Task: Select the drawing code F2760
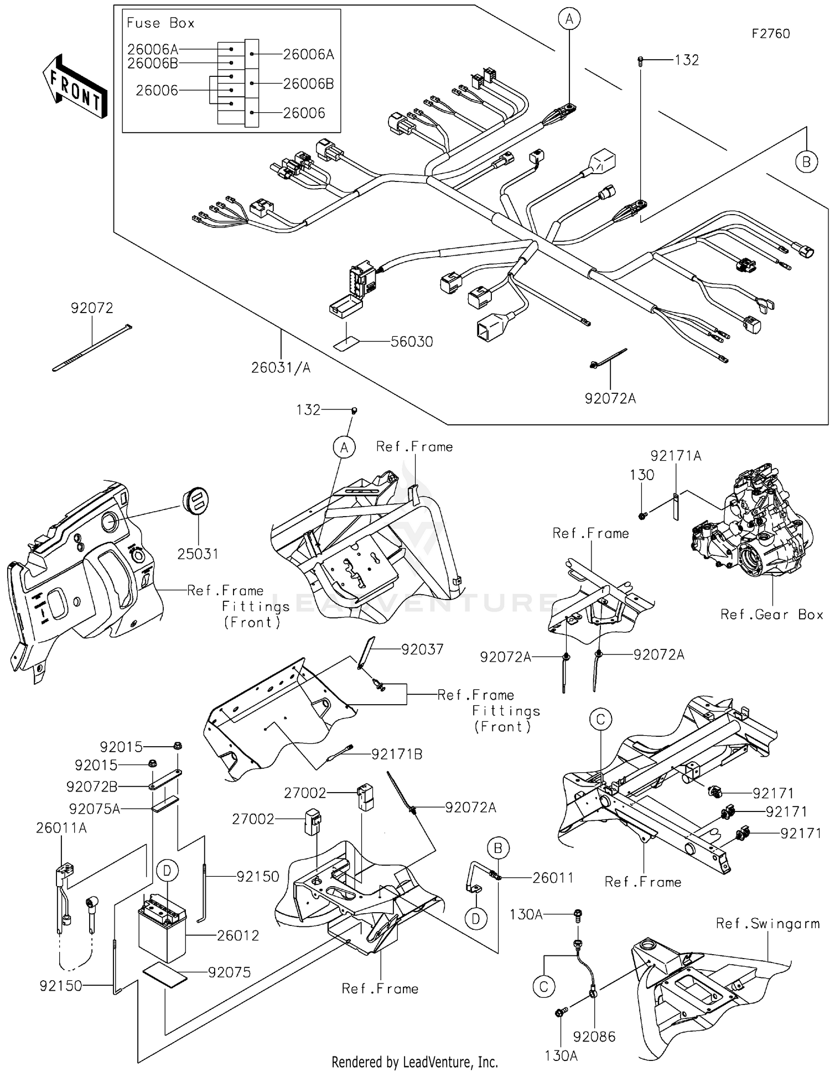[770, 34]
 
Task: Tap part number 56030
[411, 342]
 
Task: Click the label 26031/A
[281, 367]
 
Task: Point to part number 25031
[198, 554]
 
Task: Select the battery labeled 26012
[162, 930]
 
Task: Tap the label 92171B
[396, 754]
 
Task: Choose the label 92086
[594, 1036]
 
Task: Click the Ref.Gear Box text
[771, 615]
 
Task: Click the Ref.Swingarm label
[767, 923]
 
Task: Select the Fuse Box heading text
[160, 23]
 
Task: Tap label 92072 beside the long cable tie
[92, 308]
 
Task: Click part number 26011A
[61, 828]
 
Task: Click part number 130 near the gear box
[642, 475]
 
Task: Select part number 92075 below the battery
[229, 972]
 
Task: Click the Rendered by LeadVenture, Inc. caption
[414, 1061]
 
